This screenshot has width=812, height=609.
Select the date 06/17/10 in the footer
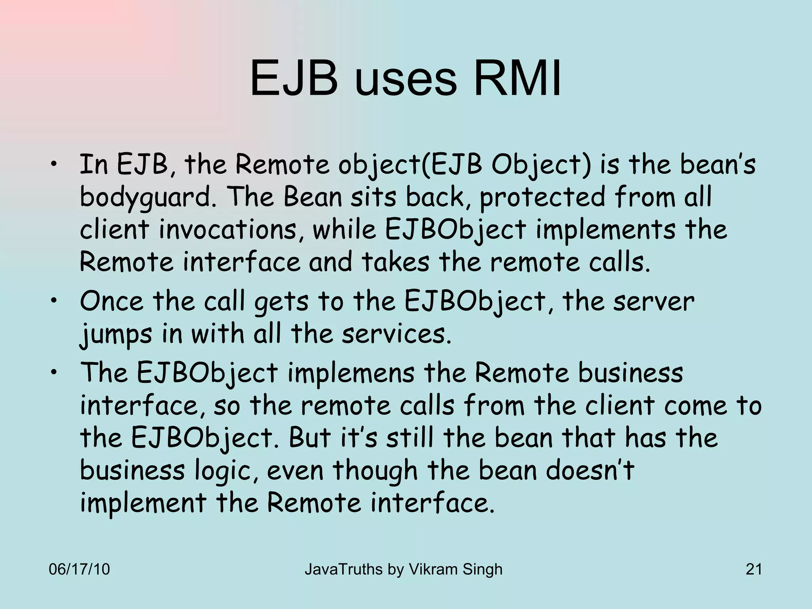[79, 569]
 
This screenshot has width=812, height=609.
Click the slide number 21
[753, 569]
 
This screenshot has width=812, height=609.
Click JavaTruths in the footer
[343, 569]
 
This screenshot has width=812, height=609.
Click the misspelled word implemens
[350, 374]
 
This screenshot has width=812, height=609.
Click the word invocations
[228, 230]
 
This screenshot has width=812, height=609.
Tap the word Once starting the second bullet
[111, 301]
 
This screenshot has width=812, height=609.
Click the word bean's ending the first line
[717, 165]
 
